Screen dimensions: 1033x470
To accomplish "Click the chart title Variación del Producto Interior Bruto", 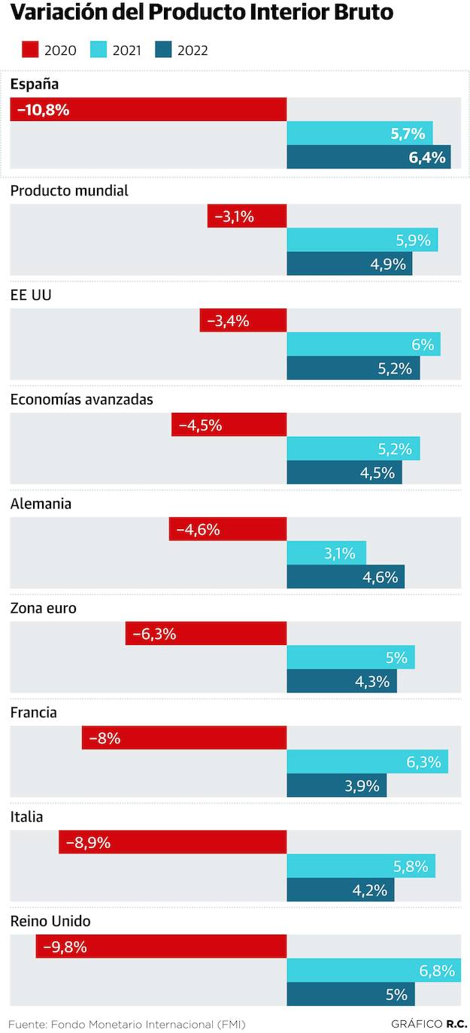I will pyautogui.click(x=202, y=13).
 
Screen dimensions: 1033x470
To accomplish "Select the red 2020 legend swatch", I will pyautogui.click(x=29, y=50).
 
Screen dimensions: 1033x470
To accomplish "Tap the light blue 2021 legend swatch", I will pyautogui.click(x=99, y=50).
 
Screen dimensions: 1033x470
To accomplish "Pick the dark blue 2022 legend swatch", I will pyautogui.click(x=164, y=50).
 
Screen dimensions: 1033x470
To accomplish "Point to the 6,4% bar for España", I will pyautogui.click(x=368, y=157).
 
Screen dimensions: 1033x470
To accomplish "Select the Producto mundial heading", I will pyautogui.click(x=69, y=191).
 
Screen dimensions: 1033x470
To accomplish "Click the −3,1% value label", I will pyautogui.click(x=234, y=217).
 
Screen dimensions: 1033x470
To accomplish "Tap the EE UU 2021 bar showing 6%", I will pyautogui.click(x=363, y=344).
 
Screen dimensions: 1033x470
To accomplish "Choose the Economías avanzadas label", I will pyautogui.click(x=81, y=400).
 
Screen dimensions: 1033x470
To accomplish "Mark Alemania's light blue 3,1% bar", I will pyautogui.click(x=326, y=553).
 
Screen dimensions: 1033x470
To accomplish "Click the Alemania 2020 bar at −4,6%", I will pyautogui.click(x=228, y=529).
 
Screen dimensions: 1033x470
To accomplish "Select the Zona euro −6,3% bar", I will pyautogui.click(x=206, y=634).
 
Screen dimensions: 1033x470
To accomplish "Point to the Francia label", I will pyautogui.click(x=33, y=713).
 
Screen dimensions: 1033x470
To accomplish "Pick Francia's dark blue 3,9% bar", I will pyautogui.click(x=336, y=786).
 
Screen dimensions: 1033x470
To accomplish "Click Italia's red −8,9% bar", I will pyautogui.click(x=173, y=842).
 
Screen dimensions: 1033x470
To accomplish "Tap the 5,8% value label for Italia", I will pyautogui.click(x=411, y=866).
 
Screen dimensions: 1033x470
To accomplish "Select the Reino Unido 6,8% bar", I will pyautogui.click(x=374, y=971).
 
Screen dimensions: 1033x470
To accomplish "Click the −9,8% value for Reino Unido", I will pyautogui.click(x=65, y=947).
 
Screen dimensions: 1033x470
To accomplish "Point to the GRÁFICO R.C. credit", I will pyautogui.click(x=429, y=1024).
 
